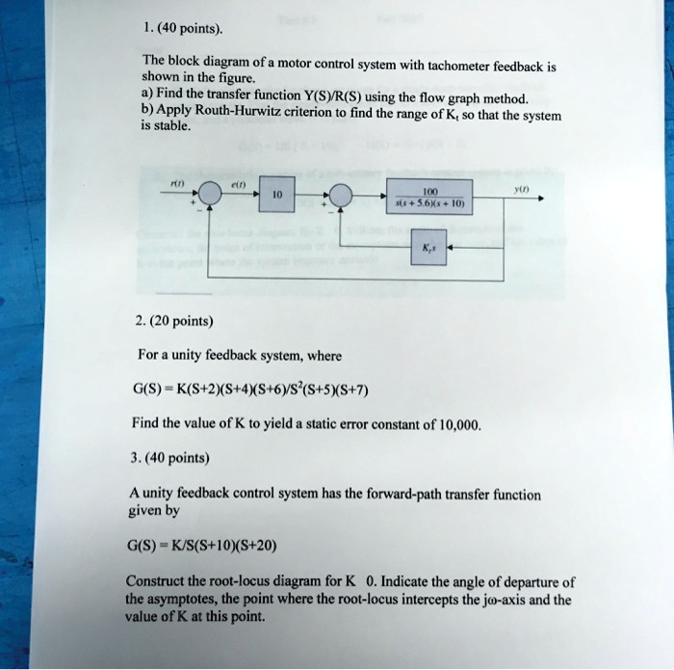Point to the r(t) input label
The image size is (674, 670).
[177, 179]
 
